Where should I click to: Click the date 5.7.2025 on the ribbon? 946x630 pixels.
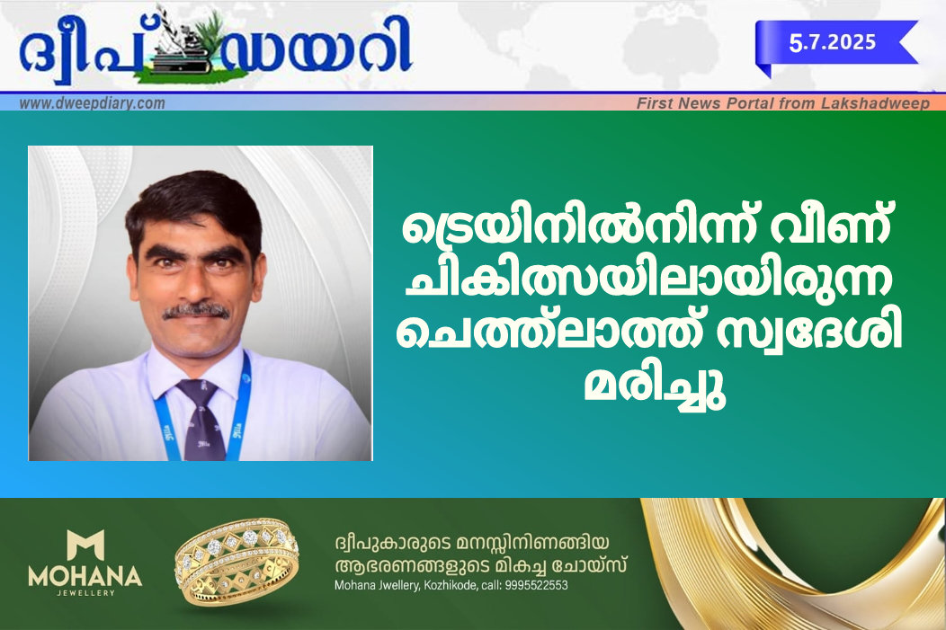[832, 42]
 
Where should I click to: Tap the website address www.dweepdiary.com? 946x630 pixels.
[93, 103]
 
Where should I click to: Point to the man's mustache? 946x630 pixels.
[196, 310]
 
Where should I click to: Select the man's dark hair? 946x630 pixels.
[194, 205]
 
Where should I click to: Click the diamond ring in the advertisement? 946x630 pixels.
[236, 562]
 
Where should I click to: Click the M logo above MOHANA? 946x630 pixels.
[85, 545]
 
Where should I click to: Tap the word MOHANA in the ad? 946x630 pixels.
[85, 577]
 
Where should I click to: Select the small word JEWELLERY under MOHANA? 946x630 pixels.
[85, 593]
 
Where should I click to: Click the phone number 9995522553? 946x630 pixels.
[536, 585]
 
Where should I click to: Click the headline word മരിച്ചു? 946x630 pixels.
[655, 386]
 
